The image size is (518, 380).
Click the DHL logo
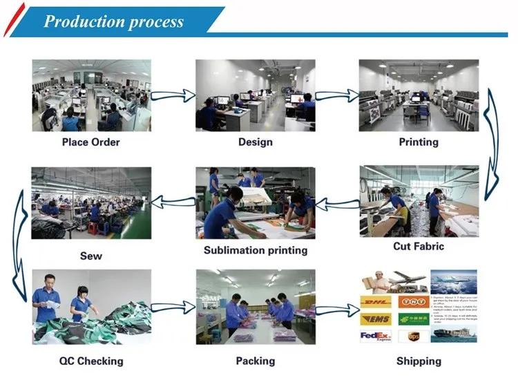point(376,302)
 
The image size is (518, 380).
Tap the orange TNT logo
point(414,302)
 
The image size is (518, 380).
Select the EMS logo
point(376,319)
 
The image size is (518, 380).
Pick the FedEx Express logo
point(376,336)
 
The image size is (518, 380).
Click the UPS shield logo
point(413,336)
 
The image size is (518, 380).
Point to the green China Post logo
point(414,319)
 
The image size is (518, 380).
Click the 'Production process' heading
point(113,21)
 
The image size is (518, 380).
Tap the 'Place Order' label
point(90,142)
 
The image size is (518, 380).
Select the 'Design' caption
point(255,142)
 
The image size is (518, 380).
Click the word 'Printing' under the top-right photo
point(419,142)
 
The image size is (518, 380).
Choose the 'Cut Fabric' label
point(419,246)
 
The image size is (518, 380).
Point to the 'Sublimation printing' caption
point(255,250)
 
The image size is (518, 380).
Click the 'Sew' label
point(90,256)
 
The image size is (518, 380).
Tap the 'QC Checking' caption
point(90,361)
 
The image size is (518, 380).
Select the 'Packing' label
point(255,361)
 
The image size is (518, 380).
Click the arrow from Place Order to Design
point(173,95)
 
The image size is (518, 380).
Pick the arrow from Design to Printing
point(337,95)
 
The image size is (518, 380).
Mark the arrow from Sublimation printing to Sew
point(173,202)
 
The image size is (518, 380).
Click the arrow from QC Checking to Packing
point(173,308)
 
